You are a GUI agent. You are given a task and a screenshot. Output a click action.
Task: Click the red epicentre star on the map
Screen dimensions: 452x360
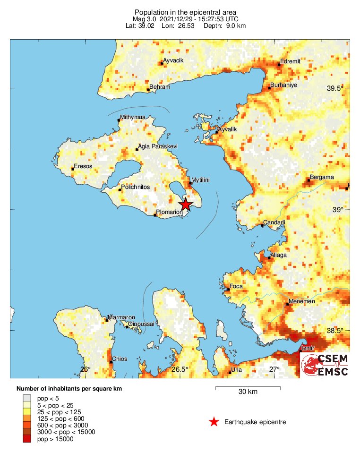186,205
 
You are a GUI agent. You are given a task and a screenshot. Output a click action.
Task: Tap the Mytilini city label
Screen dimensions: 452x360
200,180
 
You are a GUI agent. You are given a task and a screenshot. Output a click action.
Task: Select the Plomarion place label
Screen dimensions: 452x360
169,212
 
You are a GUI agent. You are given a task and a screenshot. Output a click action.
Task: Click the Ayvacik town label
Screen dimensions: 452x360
173,61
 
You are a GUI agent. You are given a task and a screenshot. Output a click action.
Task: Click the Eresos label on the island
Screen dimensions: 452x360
83,166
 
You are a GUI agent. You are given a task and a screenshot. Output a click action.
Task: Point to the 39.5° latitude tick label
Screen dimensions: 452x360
336,88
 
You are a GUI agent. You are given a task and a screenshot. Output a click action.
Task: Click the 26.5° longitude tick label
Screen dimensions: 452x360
180,369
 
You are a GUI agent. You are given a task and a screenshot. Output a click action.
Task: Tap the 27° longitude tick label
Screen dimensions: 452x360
274,369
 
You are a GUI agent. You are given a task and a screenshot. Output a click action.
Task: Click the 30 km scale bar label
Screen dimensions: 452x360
248,392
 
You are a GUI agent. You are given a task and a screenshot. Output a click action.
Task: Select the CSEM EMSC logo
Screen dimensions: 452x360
325,365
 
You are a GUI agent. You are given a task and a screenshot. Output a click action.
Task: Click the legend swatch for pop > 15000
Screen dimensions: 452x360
27,439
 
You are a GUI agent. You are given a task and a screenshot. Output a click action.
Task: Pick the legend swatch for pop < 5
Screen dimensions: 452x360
27,398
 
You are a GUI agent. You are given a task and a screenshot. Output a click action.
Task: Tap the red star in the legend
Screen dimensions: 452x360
214,422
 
